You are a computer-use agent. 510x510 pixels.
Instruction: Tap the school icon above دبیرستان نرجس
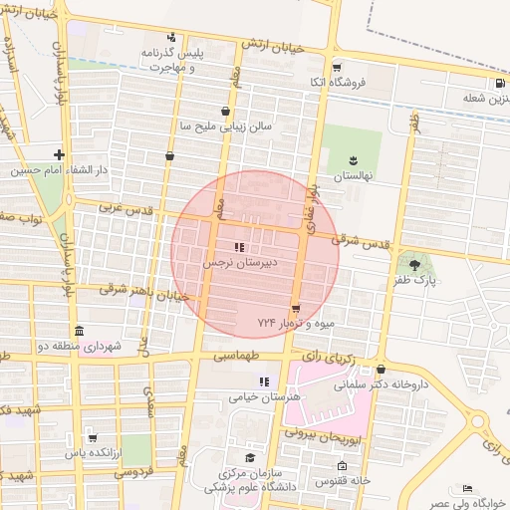click(238, 247)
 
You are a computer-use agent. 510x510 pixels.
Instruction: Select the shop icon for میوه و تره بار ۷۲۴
click(296, 307)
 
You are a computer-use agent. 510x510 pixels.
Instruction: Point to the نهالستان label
click(352, 175)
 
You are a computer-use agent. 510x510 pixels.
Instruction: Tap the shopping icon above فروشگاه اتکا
click(337, 68)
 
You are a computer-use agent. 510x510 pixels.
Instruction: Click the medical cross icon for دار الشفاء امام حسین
click(60, 154)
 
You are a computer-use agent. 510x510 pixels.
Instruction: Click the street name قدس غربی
click(124, 209)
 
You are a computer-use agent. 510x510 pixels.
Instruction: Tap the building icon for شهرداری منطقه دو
click(79, 331)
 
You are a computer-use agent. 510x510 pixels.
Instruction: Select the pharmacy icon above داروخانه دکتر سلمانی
click(381, 368)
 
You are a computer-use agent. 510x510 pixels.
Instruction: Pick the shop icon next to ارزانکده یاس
click(93, 436)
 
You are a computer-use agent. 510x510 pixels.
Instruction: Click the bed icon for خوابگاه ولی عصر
click(469, 489)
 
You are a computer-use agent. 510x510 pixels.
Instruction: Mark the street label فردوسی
click(132, 473)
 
